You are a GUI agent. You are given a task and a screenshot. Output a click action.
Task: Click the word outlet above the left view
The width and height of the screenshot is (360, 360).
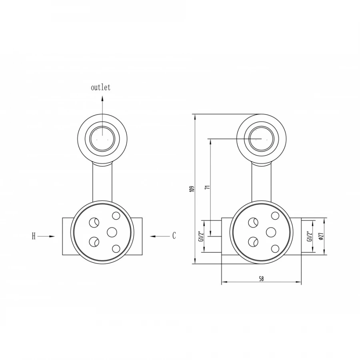pos(100,88)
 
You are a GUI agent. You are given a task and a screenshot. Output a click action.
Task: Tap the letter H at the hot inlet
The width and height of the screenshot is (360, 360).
pos(34,236)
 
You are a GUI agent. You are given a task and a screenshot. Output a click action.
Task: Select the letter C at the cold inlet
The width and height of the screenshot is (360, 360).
pos(174,236)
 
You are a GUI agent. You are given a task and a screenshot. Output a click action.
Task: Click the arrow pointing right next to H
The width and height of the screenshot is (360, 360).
pos(46,236)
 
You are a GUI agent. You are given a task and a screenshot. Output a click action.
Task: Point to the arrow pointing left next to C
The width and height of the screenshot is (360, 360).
pos(160,236)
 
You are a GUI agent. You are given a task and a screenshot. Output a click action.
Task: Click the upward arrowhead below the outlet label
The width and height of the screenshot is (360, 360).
pos(102,99)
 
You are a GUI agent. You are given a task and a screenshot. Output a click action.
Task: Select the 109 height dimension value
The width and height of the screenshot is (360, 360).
pos(193,189)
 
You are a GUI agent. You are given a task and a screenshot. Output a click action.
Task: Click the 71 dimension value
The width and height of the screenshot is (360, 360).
pos(208,187)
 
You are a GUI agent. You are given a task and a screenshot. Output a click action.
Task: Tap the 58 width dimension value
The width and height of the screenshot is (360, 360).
pos(261,279)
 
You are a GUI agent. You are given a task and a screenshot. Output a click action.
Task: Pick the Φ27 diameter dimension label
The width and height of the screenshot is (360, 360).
pos(321,236)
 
